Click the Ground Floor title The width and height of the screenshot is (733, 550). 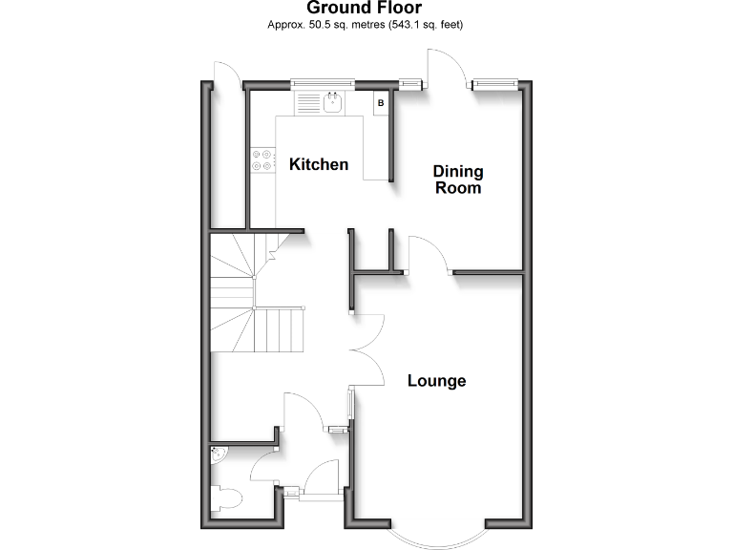tap(366, 9)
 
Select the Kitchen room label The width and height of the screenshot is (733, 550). tap(319, 164)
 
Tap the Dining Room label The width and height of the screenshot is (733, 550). tap(458, 180)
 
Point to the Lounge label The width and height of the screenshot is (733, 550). tap(437, 381)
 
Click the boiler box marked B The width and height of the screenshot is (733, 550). tap(381, 102)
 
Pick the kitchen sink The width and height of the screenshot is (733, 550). tap(334, 101)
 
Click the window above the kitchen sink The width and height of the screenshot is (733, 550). tap(322, 82)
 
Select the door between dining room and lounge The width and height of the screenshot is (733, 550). tap(430, 255)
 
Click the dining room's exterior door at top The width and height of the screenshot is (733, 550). tap(448, 69)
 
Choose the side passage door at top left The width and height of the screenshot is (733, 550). tap(227, 75)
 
